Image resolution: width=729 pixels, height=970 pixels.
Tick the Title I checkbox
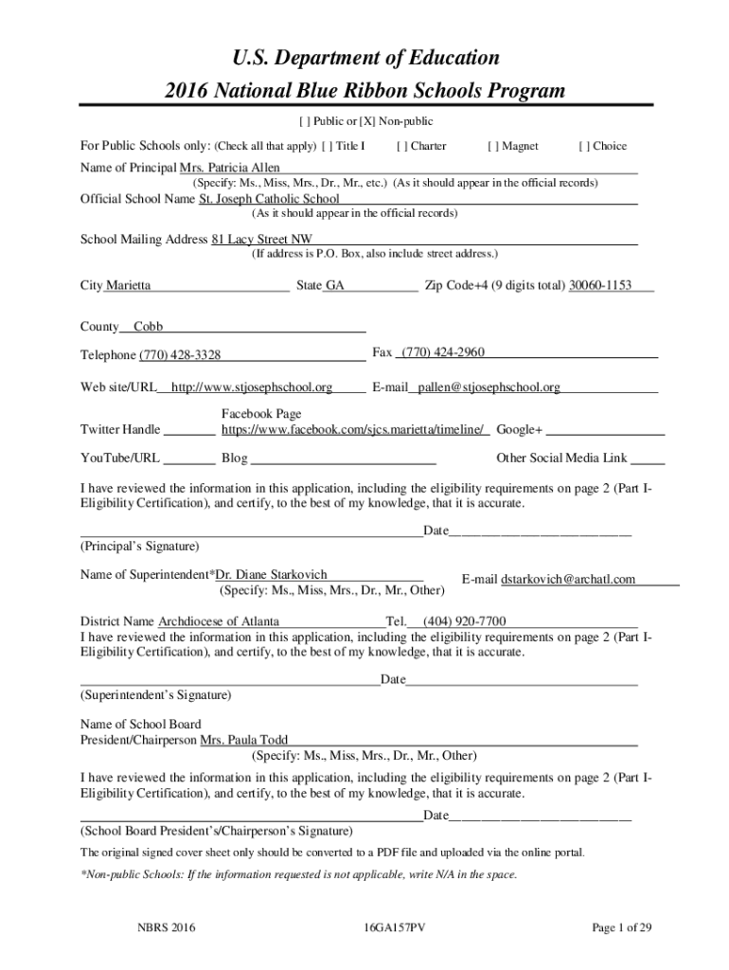328,146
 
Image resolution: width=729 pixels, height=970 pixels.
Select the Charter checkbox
402,146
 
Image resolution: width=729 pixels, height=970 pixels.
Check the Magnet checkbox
493,146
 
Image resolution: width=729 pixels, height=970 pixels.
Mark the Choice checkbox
584,146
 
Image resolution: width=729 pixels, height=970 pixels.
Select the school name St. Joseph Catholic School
269,200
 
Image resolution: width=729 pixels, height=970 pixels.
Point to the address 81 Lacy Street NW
262,240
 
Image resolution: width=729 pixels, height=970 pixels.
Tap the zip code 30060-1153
599,285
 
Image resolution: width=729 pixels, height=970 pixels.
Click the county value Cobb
148,327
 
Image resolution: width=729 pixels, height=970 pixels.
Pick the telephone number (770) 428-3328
180,355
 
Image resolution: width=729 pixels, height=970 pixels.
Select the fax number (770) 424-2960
443,352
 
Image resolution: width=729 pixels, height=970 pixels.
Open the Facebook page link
355,430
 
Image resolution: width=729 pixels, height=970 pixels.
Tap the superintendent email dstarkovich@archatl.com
568,580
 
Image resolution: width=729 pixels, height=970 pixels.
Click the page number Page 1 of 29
622,928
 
